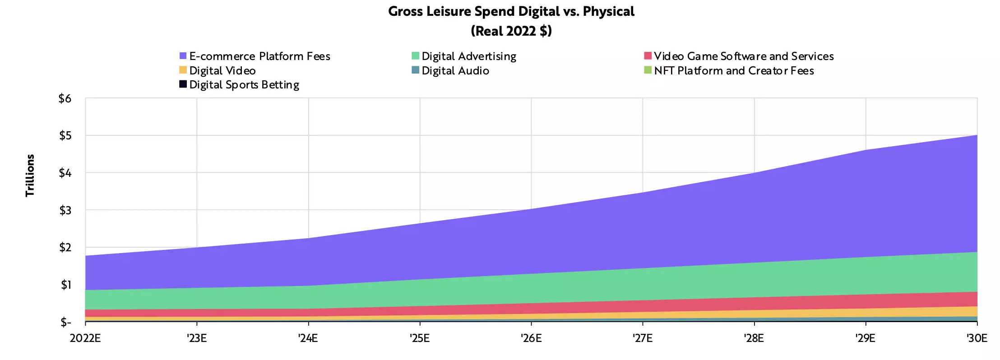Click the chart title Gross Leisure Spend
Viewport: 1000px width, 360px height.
[511, 12]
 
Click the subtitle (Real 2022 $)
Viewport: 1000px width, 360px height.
[511, 31]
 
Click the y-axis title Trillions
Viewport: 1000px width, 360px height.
[30, 175]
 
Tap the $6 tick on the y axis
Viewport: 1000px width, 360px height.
[65, 98]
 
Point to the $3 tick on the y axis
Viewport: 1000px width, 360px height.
[65, 210]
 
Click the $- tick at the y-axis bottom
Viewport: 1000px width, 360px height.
[66, 322]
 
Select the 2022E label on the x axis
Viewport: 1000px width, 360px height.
[85, 338]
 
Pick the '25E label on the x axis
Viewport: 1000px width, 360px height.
[420, 338]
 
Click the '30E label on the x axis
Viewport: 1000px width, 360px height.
[977, 338]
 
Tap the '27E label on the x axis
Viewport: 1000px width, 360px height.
[643, 338]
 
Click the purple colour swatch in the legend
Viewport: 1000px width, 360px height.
[183, 56]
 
